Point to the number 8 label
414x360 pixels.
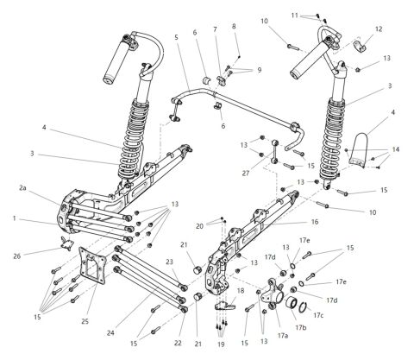click(x=234, y=26)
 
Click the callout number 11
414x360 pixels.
click(x=295, y=15)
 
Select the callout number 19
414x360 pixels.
click(x=220, y=344)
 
